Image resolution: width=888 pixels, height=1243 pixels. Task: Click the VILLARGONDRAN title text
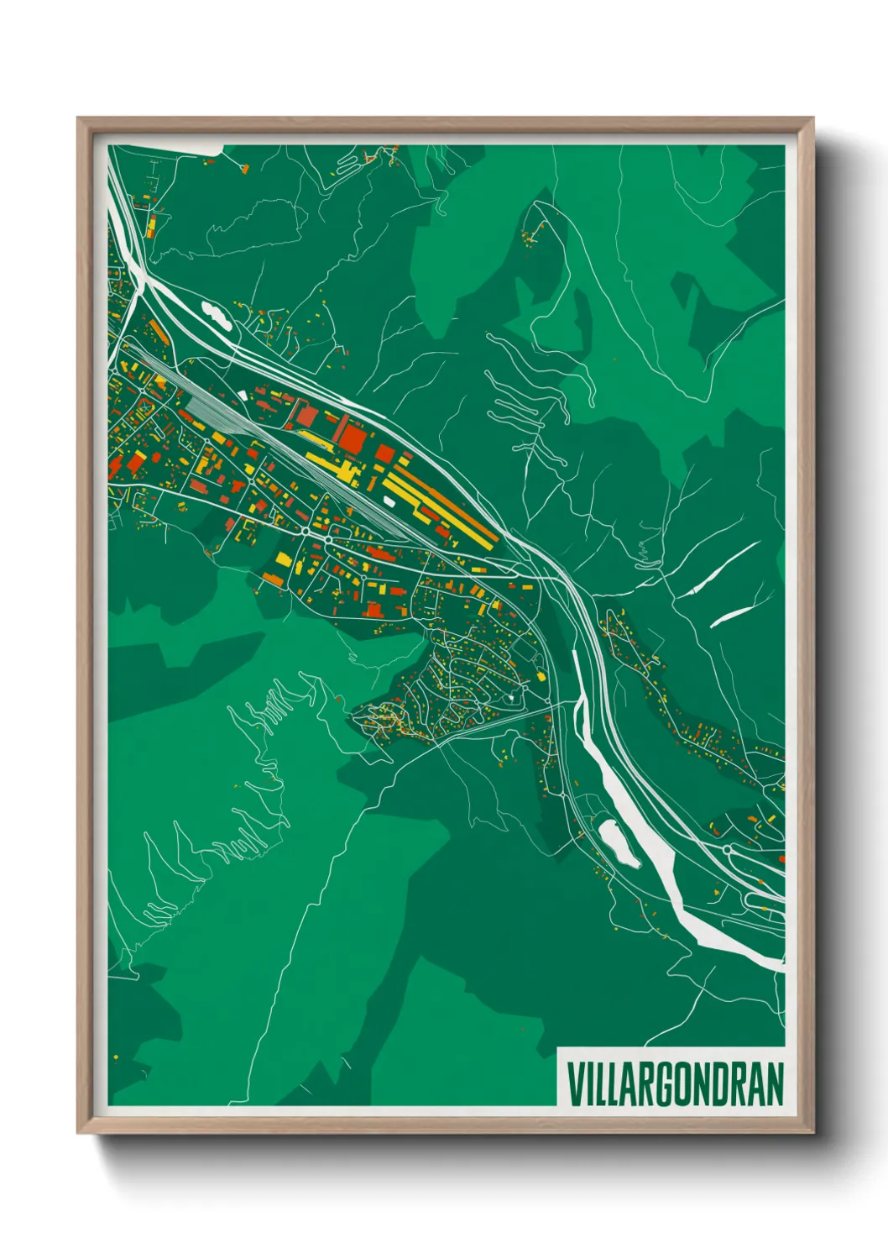pyautogui.click(x=675, y=1084)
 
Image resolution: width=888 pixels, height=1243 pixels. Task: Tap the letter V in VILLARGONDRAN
pyautogui.click(x=575, y=1084)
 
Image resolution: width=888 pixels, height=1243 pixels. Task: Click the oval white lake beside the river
pyautogui.click(x=619, y=843)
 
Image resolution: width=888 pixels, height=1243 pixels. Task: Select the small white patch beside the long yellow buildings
pyautogui.click(x=389, y=501)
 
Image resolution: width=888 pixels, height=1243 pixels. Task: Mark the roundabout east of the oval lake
pyautogui.click(x=727, y=850)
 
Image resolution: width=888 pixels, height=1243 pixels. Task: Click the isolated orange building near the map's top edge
pyautogui.click(x=245, y=169)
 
